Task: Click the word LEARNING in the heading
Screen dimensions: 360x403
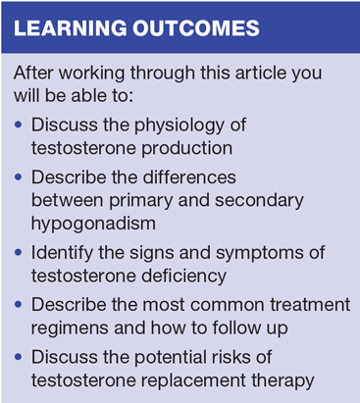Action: click(71, 27)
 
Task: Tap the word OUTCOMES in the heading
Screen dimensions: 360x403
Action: click(196, 27)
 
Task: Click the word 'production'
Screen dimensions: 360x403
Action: click(186, 149)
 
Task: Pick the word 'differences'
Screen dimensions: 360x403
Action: click(189, 177)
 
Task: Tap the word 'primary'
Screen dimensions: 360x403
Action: click(141, 201)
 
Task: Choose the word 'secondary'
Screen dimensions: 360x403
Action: click(259, 201)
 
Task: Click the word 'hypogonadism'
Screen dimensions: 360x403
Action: click(93, 224)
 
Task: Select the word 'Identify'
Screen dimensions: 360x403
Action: click(62, 253)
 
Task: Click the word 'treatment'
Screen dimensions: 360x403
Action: click(310, 305)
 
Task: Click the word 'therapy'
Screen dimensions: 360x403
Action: click(283, 380)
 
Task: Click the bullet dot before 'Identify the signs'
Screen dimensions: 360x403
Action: click(19, 253)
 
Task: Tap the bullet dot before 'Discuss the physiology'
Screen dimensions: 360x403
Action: click(19, 125)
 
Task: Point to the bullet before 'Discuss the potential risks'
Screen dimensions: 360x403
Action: click(19, 357)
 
